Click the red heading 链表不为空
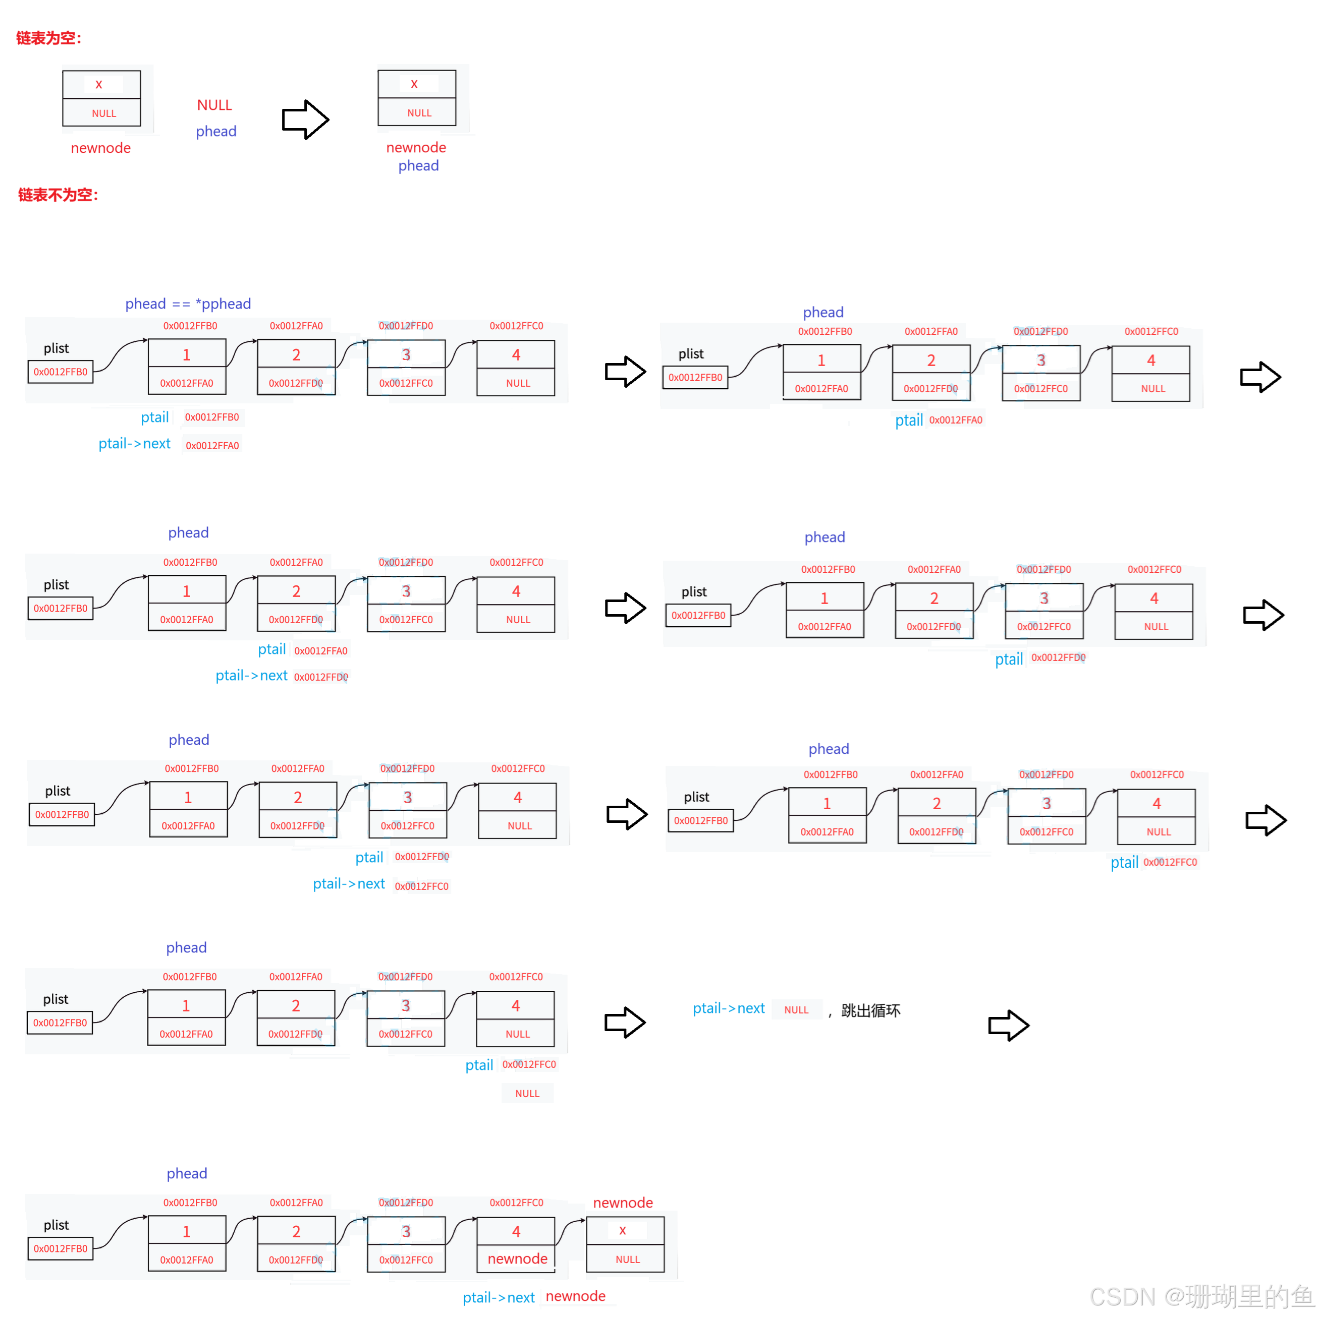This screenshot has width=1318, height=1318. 58,195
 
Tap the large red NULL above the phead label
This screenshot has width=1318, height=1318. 214,105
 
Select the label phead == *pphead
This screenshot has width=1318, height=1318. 188,304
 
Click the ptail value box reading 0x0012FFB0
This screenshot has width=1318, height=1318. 212,417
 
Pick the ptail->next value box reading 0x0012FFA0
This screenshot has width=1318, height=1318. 212,446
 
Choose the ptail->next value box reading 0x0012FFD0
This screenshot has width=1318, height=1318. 321,677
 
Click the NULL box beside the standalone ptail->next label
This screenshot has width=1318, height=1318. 797,1009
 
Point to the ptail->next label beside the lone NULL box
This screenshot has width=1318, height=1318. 728,1008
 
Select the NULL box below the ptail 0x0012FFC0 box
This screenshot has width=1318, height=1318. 527,1094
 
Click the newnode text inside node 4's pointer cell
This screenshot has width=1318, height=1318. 517,1259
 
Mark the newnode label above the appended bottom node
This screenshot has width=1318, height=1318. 623,1203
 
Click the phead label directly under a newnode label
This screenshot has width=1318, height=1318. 418,166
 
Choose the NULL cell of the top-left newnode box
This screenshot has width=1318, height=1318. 104,113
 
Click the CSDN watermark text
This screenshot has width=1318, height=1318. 1200,1295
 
